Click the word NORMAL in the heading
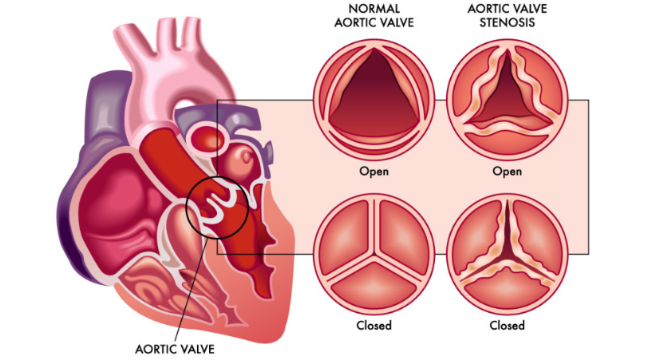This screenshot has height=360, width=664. [x=374, y=9]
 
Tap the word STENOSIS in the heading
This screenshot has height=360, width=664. [x=507, y=22]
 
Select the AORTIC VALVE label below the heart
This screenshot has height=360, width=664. [x=175, y=349]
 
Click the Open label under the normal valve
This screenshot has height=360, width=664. [x=374, y=172]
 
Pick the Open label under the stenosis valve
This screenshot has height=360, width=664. [x=507, y=172]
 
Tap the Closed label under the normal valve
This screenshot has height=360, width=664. [x=374, y=325]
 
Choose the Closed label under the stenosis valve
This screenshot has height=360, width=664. [x=507, y=325]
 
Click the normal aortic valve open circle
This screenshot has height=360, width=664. [x=374, y=100]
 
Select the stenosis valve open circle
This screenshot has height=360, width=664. [x=507, y=100]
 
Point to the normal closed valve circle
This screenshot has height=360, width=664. [x=374, y=254]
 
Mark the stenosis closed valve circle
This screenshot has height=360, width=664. [x=507, y=254]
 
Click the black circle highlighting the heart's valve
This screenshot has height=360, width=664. [x=186, y=208]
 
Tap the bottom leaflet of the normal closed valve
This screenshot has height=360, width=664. [x=374, y=285]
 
